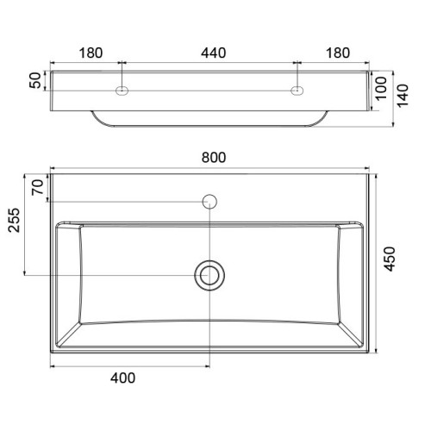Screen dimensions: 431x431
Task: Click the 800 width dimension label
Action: click(x=214, y=158)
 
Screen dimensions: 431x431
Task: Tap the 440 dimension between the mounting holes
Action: click(x=214, y=53)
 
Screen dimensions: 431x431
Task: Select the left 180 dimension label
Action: click(x=91, y=53)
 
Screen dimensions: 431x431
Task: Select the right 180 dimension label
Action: click(x=338, y=53)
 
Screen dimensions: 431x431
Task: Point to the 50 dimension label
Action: click(x=35, y=80)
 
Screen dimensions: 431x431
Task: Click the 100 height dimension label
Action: click(x=381, y=88)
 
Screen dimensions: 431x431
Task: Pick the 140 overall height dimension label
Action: click(x=403, y=96)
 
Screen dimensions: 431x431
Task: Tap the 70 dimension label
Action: click(x=38, y=187)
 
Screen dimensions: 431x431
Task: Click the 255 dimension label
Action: click(x=14, y=220)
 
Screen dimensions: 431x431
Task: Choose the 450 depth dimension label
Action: click(x=390, y=259)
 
